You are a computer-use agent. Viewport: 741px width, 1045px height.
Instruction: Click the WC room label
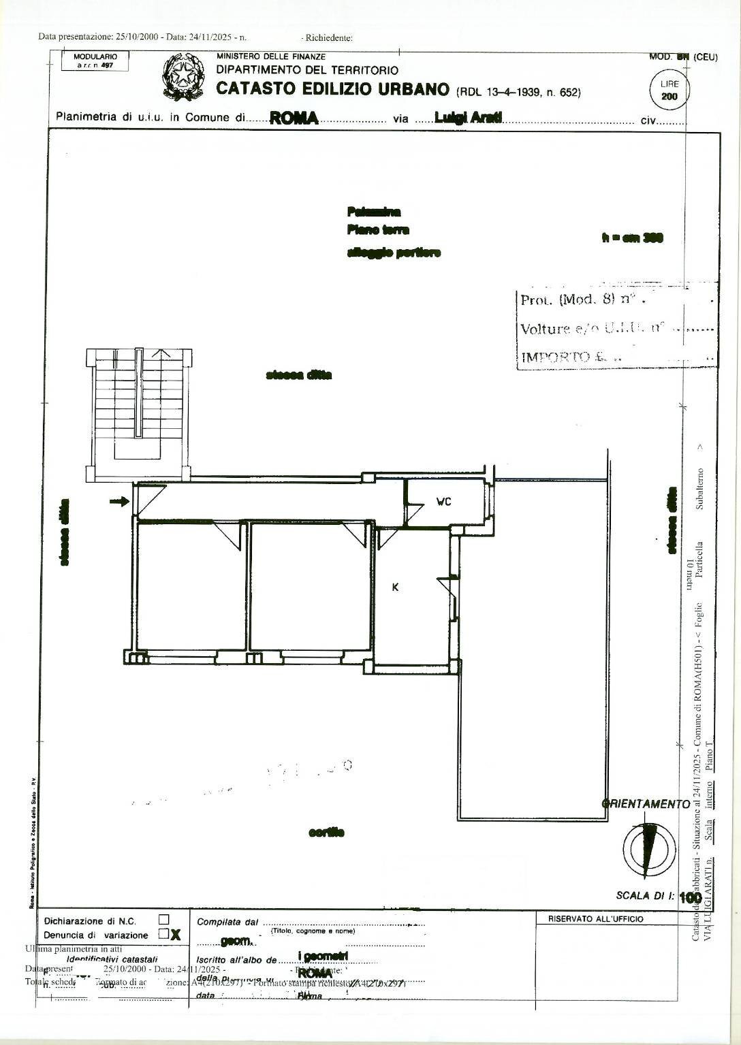[443, 502]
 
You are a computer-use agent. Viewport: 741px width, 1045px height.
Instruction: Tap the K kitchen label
[395, 587]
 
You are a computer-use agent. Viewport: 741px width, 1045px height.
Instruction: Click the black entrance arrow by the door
[119, 502]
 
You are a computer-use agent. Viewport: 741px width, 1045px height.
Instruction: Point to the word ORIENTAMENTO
[647, 804]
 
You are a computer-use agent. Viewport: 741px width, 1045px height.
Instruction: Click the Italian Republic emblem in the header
[183, 77]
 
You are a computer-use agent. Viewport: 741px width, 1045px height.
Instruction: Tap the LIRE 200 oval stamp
[669, 90]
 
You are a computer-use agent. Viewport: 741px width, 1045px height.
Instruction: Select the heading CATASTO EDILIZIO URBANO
[332, 89]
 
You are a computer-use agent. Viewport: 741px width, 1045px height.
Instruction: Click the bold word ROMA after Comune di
[294, 118]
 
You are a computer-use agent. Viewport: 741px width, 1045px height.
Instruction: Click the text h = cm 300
[633, 238]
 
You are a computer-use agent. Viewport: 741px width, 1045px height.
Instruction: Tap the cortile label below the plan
[326, 832]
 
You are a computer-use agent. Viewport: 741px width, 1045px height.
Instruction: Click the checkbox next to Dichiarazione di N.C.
[163, 920]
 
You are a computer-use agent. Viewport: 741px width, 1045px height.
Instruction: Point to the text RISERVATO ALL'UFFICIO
[595, 919]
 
